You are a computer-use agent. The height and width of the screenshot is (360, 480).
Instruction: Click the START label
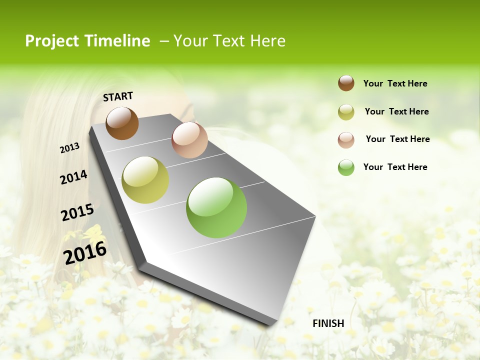pyautogui.click(x=118, y=96)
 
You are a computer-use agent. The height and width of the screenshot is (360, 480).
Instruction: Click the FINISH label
pyautogui.click(x=328, y=323)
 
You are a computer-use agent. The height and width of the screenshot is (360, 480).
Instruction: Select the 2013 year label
pyautogui.click(x=69, y=148)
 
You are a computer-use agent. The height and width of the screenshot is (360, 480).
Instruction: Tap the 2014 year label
pyautogui.click(x=73, y=177)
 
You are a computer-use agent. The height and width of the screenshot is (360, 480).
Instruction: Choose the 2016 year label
pyautogui.click(x=85, y=252)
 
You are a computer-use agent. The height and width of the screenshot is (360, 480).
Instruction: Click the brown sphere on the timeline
pyautogui.click(x=122, y=123)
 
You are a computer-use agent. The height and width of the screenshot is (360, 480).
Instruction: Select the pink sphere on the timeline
pyautogui.click(x=189, y=139)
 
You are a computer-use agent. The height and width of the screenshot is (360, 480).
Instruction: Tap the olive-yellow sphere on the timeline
pyautogui.click(x=145, y=180)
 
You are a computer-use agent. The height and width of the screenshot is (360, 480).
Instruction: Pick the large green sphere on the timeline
pyautogui.click(x=216, y=207)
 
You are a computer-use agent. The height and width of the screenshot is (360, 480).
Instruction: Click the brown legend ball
pyautogui.click(x=346, y=83)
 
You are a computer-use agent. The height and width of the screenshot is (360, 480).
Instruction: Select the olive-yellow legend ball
pyautogui.click(x=346, y=112)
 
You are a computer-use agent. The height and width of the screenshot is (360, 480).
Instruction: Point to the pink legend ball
pyautogui.click(x=346, y=140)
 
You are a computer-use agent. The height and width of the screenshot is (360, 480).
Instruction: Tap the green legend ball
pyautogui.click(x=346, y=167)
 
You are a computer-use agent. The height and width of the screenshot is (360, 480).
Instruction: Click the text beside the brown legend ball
pyautogui.click(x=395, y=83)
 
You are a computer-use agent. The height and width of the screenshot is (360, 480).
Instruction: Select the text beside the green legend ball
pyautogui.click(x=395, y=167)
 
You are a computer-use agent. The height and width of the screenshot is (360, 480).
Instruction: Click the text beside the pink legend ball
pyautogui.click(x=397, y=139)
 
